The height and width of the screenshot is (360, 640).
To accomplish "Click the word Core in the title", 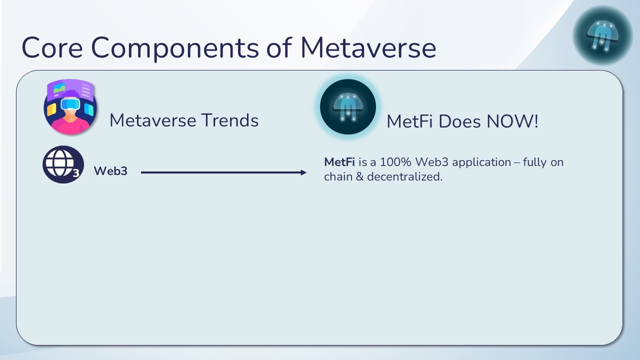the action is tap(52, 47).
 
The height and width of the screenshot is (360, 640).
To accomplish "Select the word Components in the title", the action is tap(175, 49).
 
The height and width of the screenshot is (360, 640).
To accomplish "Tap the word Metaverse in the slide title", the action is tap(368, 47).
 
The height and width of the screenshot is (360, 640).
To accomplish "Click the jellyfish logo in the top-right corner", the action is tap(602, 35).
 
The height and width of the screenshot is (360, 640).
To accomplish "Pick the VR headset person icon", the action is tap(70, 107).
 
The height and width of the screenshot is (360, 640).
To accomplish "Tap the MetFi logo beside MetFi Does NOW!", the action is tap(347, 107).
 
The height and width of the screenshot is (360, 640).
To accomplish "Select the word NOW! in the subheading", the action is tap(512, 121).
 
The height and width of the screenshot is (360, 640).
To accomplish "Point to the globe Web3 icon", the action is tap(63, 164).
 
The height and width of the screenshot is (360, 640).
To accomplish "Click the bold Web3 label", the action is tap(110, 171).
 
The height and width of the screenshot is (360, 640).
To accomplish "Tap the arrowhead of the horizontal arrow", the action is tap(303, 172).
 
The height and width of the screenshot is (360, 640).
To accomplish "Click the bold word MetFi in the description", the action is tap(339, 162).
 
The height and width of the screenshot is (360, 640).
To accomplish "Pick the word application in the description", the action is tap(481, 163).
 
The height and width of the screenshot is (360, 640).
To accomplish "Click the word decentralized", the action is tap(404, 176).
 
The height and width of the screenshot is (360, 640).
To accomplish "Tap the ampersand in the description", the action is tap(359, 176).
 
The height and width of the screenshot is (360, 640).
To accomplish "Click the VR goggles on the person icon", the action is tap(70, 103).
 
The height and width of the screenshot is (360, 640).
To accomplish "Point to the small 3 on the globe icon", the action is tap(75, 173).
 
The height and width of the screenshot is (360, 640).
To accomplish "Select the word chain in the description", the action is tap(338, 176).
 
